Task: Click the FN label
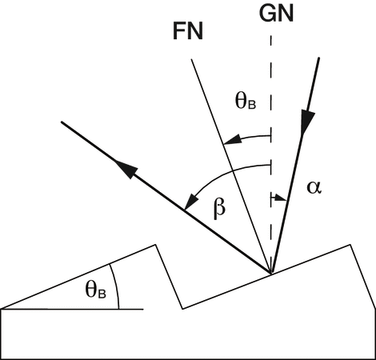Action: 188,31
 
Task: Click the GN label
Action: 276,14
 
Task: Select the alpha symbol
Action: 314,187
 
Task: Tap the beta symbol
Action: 219,208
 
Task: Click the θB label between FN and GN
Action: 246,102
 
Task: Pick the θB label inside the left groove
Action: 95,290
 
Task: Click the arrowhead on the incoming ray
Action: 307,122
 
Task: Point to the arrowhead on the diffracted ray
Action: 126,169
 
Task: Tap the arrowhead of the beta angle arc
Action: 191,202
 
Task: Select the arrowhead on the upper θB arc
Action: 231,140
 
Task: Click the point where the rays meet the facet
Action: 270,273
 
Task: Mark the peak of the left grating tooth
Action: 155,245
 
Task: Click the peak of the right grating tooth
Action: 350,244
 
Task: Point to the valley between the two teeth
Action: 182,309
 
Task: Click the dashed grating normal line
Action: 271,154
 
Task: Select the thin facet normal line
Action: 231,166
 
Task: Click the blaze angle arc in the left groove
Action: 116,286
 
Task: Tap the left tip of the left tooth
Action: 2,309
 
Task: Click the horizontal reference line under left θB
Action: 73,310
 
